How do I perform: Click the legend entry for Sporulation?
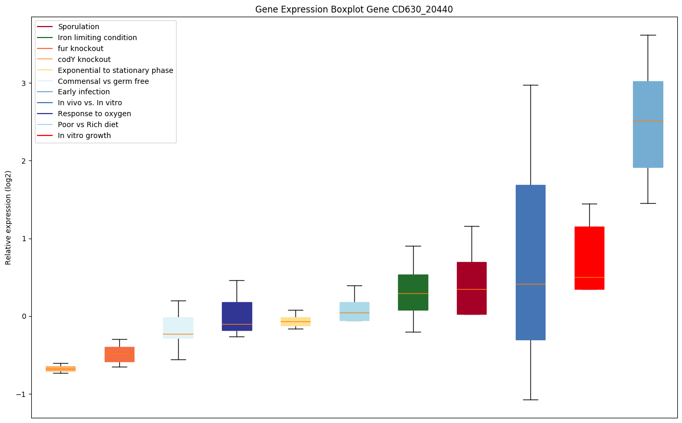coord(79,27)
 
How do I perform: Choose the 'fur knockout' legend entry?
coord(81,48)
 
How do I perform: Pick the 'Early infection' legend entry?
coord(84,92)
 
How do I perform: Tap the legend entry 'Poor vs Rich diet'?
coord(88,125)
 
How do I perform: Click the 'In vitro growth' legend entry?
coord(84,135)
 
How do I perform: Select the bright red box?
coord(589,258)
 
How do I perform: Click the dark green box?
coord(413,292)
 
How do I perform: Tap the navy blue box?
coord(237,316)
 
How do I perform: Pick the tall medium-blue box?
coord(530,262)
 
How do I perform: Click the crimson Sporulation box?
coord(472,288)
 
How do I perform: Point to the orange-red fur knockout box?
coord(119,354)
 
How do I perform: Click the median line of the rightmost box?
coord(648,121)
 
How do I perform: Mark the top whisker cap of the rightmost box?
coord(648,35)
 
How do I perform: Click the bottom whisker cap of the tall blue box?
coord(530,400)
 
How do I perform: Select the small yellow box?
coord(295,321)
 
